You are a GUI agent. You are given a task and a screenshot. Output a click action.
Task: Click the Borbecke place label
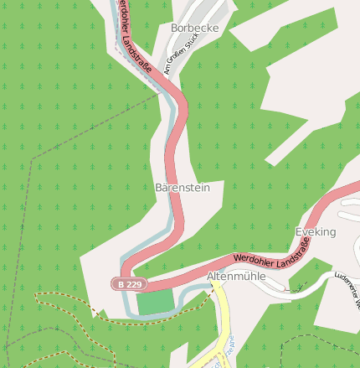tap(194, 28)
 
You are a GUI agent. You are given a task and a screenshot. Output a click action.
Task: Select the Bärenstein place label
tap(183, 188)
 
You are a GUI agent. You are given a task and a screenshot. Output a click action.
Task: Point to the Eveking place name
tap(316, 231)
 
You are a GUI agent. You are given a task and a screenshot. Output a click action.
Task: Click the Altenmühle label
tap(236, 276)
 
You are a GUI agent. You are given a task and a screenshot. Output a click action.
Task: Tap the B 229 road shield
tap(131, 284)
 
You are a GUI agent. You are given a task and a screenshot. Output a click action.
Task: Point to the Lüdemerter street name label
tap(345, 284)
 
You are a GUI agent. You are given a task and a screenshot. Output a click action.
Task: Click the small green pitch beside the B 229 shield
tap(156, 301)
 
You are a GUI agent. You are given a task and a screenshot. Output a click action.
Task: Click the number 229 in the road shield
tap(135, 284)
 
